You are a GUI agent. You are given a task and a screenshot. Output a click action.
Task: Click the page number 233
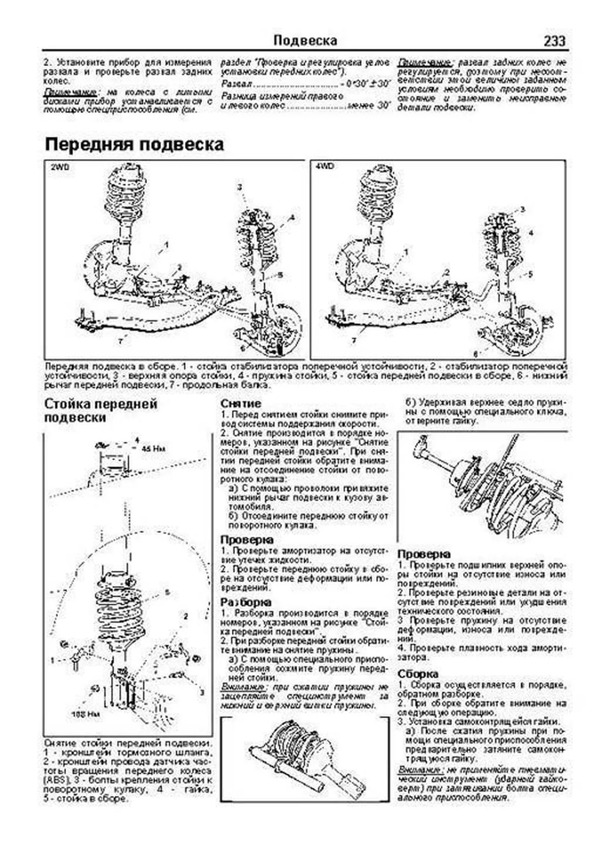554,41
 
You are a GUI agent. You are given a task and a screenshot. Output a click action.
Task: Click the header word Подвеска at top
305,40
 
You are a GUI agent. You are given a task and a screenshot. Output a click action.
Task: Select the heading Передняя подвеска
134,144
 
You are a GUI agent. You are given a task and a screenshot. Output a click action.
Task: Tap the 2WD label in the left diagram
60,167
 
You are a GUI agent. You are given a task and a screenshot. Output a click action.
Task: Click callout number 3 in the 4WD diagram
522,209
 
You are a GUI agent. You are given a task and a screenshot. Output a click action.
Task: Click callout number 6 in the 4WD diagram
476,352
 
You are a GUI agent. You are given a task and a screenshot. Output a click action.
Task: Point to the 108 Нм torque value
85,714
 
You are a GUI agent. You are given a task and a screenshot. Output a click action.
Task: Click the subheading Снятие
241,404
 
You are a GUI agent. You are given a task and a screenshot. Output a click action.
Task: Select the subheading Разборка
246,602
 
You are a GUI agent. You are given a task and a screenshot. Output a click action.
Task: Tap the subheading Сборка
418,674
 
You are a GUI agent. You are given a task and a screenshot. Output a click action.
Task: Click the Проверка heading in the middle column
247,540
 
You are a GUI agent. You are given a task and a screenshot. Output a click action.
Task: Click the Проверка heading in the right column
424,554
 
